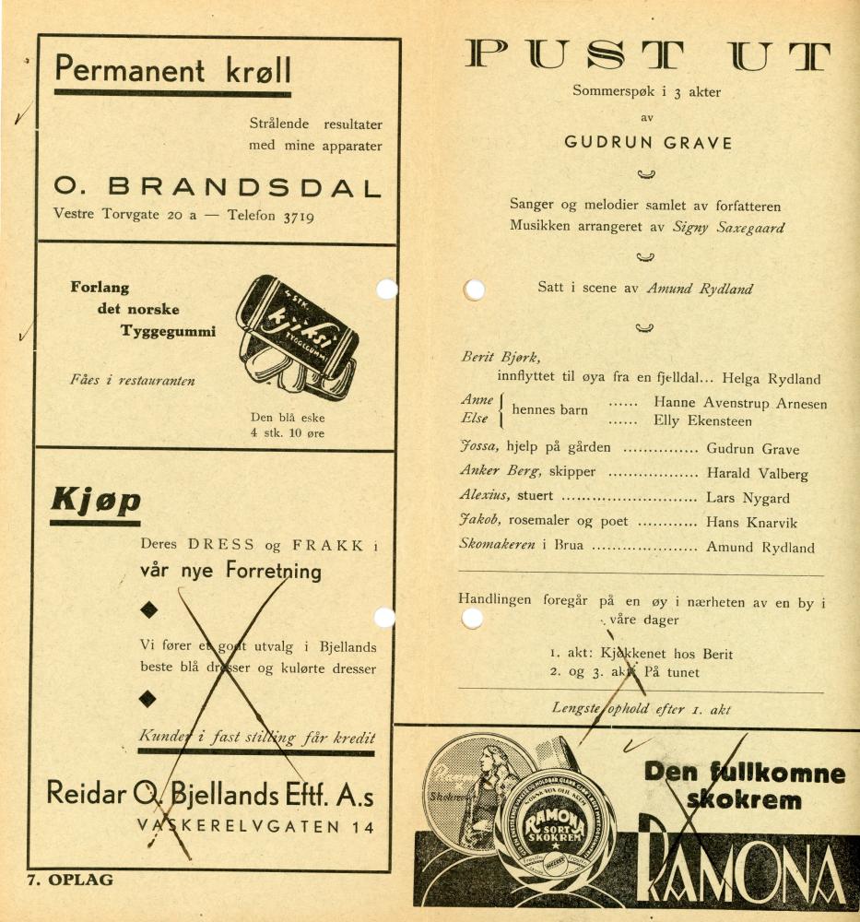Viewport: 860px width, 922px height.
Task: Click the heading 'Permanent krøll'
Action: pos(172,69)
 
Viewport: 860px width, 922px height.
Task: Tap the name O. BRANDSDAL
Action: pos(217,188)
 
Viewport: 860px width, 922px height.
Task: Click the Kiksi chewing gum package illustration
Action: pos(295,337)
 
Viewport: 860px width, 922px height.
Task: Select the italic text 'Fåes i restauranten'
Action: pos(132,380)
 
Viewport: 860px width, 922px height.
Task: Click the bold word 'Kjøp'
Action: pos(95,500)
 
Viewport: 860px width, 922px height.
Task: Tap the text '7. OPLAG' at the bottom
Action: pos(70,880)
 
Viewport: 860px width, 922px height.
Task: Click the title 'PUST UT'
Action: pos(646,56)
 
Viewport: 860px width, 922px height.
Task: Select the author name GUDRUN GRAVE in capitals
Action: pos(648,143)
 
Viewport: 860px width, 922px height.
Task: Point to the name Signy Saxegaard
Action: pos(728,227)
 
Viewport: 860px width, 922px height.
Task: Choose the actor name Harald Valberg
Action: pos(757,474)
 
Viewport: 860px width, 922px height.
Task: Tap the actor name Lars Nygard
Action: pos(748,498)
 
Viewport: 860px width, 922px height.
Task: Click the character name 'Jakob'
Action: pos(480,521)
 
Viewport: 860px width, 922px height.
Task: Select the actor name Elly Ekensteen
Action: pos(702,421)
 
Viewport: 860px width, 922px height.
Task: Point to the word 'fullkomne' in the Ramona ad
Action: pos(777,773)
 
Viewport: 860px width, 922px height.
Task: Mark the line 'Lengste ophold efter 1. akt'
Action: pos(641,708)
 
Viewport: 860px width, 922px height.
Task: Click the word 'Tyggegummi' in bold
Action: pos(168,331)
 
